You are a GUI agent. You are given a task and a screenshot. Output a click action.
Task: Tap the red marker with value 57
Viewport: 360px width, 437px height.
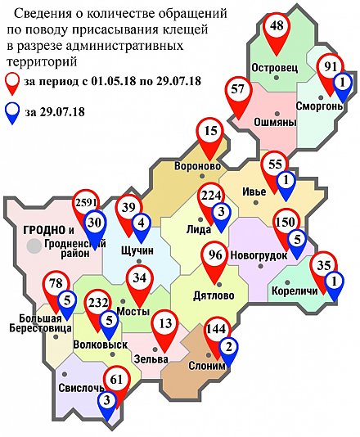point(239,90)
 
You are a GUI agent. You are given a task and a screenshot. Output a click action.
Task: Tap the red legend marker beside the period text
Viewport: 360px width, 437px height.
point(12,81)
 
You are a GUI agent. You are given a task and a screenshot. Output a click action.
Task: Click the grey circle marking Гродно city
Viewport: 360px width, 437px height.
point(33,245)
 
